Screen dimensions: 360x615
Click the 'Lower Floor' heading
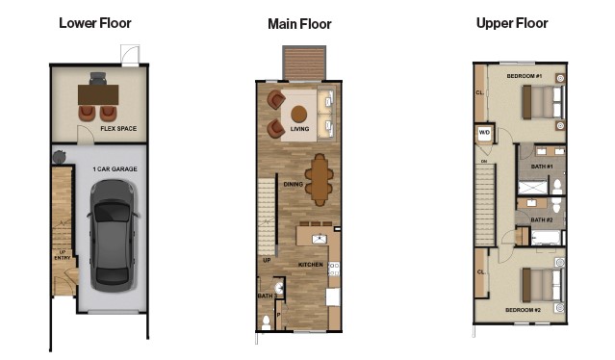[95, 23]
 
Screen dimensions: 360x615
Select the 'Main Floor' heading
[300, 24]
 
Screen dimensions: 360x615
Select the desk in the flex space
[99, 94]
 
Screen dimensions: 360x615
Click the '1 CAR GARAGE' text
[111, 168]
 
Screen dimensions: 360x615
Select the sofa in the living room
[325, 112]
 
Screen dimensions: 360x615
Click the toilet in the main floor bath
[266, 321]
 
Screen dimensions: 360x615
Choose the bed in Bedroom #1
[542, 100]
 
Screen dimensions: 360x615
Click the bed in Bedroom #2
[542, 286]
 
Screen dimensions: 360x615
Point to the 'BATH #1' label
[541, 167]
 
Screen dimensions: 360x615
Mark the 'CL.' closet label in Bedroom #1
[479, 93]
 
